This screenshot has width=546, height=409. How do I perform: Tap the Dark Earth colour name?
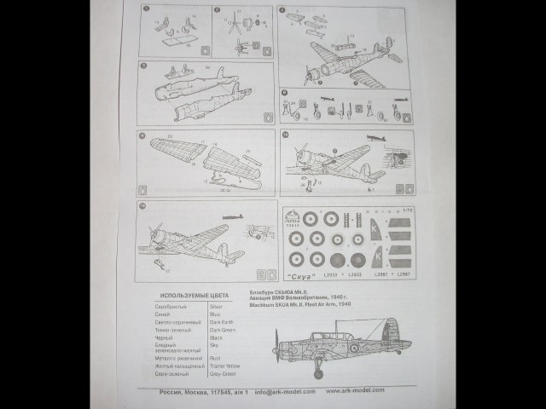tap(221, 321)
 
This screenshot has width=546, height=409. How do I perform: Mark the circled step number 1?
tap(146, 10)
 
